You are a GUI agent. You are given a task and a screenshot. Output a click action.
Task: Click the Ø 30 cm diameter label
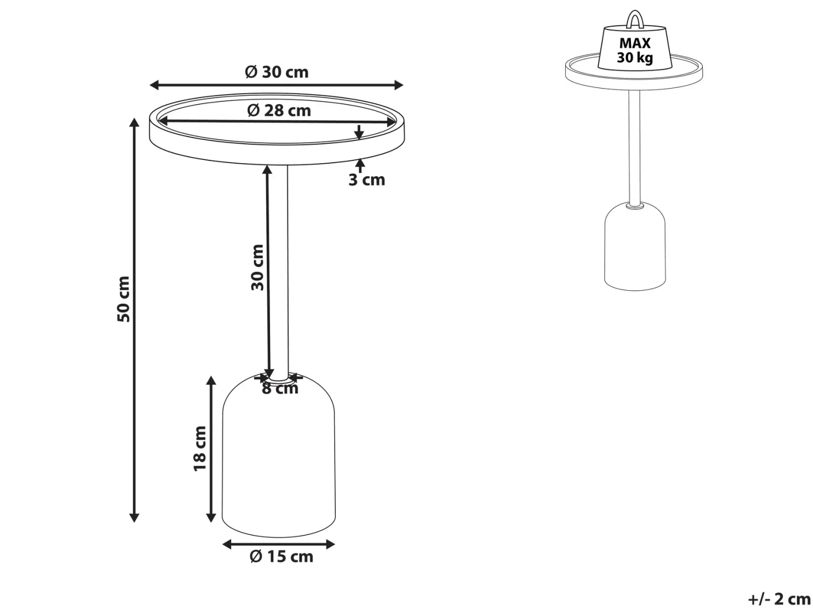pyautogui.click(x=276, y=72)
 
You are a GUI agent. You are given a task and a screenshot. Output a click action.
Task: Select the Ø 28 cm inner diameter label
pyautogui.click(x=279, y=110)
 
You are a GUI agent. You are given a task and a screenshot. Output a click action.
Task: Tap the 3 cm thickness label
pyautogui.click(x=366, y=179)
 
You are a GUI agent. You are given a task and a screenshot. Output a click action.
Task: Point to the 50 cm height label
pyautogui.click(x=124, y=299)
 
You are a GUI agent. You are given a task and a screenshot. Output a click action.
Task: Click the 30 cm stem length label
pyautogui.click(x=257, y=267)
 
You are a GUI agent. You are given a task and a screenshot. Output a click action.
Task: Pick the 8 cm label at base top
pyautogui.click(x=280, y=388)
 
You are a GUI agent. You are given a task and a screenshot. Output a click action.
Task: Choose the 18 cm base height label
pyautogui.click(x=200, y=448)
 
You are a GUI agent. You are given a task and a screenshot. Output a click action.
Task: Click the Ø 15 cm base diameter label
pyautogui.click(x=282, y=556)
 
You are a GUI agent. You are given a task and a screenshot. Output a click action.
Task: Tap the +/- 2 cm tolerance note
pyautogui.click(x=778, y=598)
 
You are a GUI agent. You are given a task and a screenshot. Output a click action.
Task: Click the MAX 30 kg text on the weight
pyautogui.click(x=635, y=50)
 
